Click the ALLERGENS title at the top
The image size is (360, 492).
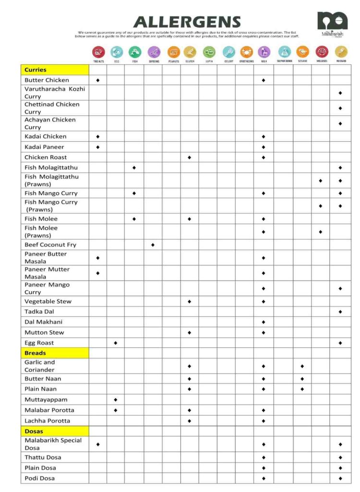(x=187, y=22)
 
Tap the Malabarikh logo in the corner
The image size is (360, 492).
(x=332, y=24)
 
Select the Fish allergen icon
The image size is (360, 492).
(x=135, y=52)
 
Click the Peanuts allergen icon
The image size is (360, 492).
(x=173, y=52)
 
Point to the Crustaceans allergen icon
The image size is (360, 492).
(x=246, y=52)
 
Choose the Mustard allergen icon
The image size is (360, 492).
(x=341, y=52)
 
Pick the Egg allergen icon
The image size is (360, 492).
(x=117, y=52)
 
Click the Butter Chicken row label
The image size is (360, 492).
(x=47, y=80)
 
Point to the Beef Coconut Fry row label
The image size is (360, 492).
(x=50, y=245)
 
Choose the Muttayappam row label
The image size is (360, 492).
(x=46, y=400)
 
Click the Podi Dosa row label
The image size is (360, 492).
(x=40, y=479)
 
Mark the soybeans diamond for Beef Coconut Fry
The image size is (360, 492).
(x=153, y=245)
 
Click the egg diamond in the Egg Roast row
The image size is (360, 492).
(x=116, y=343)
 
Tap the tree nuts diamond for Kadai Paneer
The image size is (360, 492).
(x=98, y=147)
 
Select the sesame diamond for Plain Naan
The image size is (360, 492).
(x=302, y=389)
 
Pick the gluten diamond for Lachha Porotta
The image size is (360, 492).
(x=189, y=421)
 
